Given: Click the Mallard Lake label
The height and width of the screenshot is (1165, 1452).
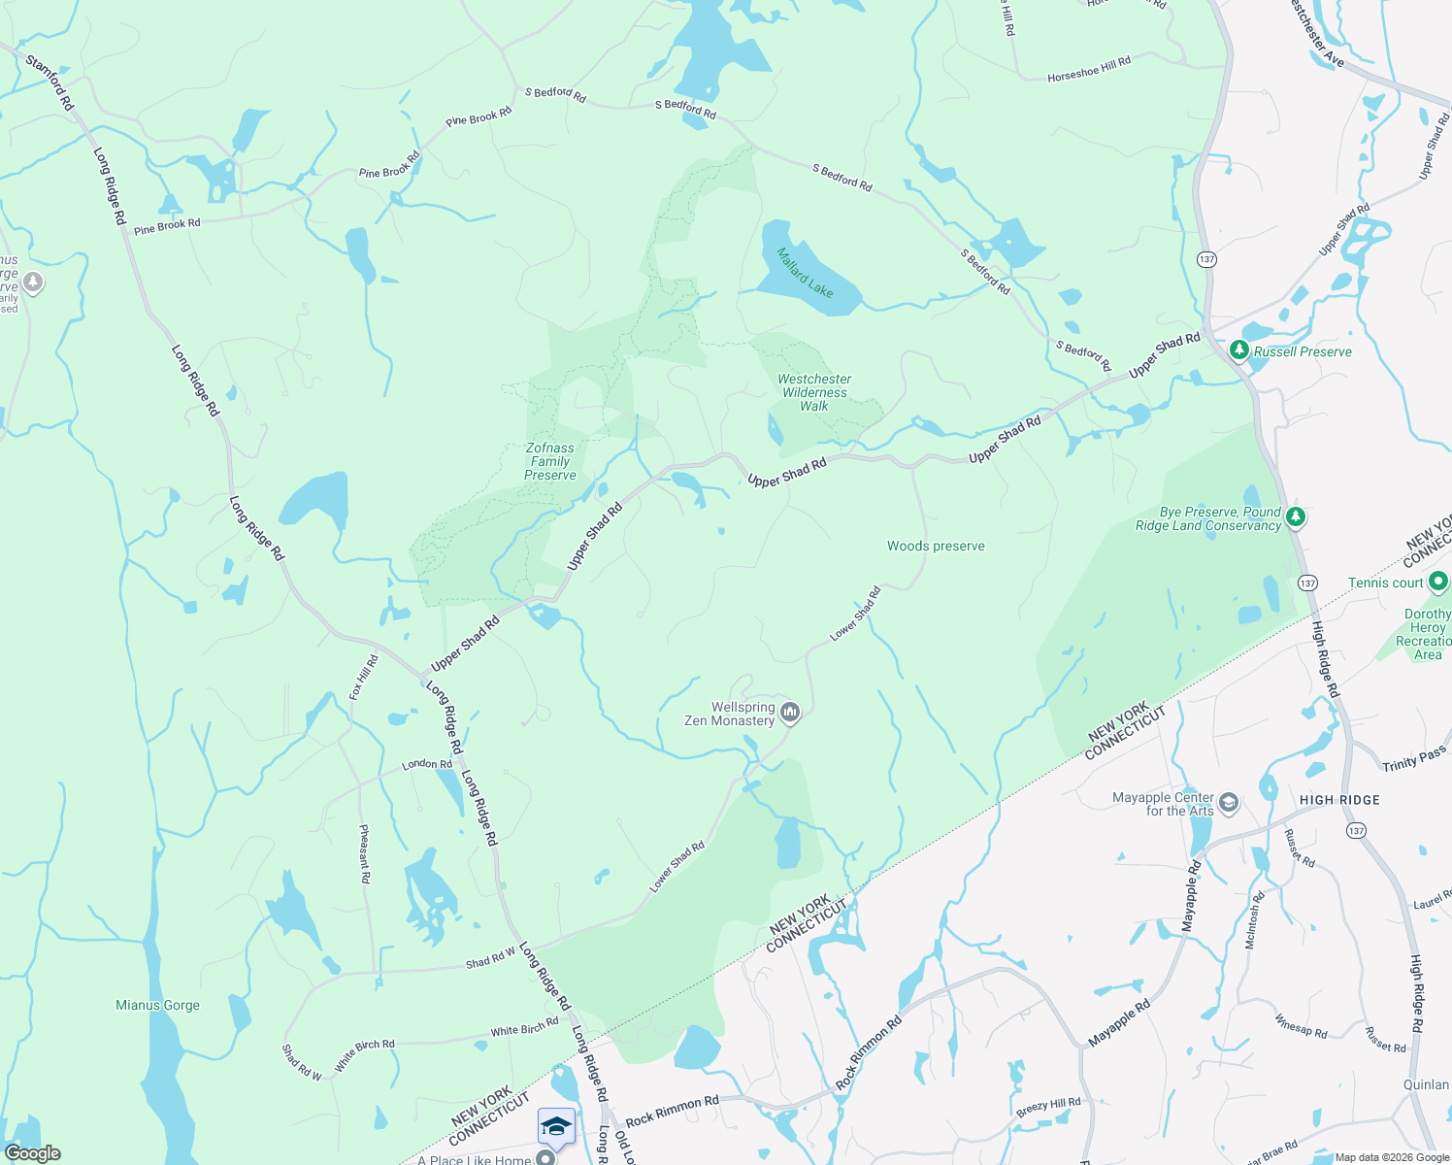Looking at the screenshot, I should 805,272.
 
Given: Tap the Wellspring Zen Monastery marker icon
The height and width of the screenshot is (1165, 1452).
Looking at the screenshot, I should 790,714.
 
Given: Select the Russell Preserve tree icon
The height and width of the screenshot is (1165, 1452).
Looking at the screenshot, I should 1238,350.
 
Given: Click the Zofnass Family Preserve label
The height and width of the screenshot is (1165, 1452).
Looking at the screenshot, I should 550,462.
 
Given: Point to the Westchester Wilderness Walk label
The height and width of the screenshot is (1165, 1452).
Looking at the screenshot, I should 814,392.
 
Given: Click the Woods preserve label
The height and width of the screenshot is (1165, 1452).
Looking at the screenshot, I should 936,547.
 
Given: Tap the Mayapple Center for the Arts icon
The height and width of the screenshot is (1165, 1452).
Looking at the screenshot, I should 1229,803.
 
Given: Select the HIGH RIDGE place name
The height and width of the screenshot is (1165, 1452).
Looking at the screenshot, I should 1339,800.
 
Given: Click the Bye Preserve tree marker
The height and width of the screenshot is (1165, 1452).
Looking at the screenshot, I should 1296,517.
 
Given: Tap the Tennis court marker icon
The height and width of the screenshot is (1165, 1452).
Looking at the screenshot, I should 1438,582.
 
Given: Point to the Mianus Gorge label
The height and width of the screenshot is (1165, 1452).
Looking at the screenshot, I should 157,1006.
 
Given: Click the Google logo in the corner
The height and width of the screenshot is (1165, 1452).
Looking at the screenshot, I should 33,1153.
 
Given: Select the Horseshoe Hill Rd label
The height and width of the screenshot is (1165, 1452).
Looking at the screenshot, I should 1088,69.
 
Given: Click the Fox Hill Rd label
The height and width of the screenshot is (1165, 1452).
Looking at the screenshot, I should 363,678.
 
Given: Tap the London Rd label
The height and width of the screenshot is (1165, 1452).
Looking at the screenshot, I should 427,764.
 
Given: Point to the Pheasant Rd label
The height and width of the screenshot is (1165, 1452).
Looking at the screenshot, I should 364,853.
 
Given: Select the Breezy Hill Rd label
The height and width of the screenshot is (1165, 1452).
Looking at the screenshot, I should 1048,1106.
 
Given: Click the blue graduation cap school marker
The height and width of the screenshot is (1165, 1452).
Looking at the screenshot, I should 556,1127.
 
